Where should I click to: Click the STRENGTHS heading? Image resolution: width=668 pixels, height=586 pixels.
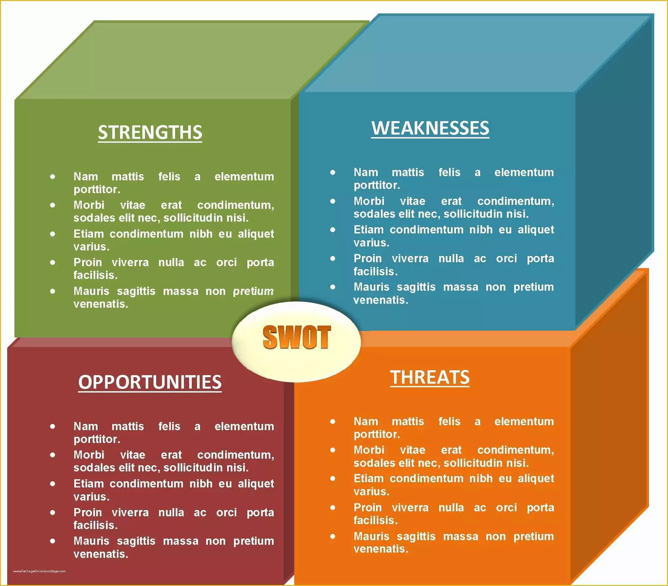[x=150, y=132]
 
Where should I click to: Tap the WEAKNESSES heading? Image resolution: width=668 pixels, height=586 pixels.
[x=430, y=128]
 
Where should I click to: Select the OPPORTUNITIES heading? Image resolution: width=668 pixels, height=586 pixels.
[x=150, y=382]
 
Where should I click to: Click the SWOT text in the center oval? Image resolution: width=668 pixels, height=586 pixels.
[x=297, y=337]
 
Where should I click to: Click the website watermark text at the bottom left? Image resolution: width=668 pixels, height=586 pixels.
[x=39, y=571]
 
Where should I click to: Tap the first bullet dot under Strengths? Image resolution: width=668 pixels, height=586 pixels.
[x=53, y=177]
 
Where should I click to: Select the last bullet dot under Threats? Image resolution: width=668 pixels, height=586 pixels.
[x=333, y=536]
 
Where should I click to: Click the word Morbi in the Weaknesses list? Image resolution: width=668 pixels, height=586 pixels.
[x=369, y=201]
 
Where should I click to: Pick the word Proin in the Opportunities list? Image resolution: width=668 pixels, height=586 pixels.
[x=88, y=512]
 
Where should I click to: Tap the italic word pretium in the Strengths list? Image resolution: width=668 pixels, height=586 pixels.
[x=253, y=291]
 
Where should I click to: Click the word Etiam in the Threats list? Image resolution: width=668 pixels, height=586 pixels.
[x=369, y=479]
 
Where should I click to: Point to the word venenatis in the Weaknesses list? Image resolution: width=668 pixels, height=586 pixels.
[x=381, y=300]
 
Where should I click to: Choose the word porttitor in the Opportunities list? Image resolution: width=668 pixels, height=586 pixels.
[x=97, y=439]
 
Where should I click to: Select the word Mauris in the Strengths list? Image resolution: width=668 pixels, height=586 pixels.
[x=91, y=291]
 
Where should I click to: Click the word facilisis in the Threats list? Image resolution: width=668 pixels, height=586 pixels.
[x=375, y=520]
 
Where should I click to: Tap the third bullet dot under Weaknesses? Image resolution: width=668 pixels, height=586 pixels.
[x=333, y=230]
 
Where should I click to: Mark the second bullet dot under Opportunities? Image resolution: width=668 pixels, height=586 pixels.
[x=53, y=455]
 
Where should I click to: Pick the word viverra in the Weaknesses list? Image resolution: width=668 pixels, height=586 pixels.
[x=410, y=259]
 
